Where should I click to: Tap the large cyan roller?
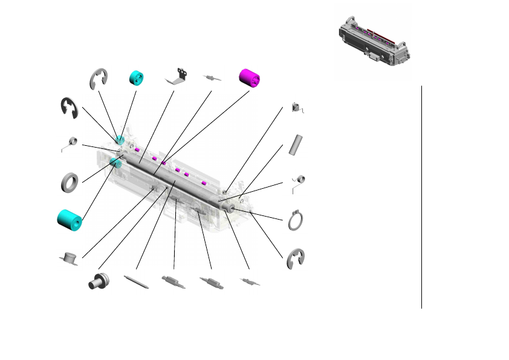69,220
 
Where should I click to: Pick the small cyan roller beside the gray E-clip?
137,78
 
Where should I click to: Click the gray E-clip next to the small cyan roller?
99,79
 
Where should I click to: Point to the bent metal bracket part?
177,76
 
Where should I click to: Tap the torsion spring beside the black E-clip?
71,143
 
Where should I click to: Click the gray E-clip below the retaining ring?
296,258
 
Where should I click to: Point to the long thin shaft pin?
137,283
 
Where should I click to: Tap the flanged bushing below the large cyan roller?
70,258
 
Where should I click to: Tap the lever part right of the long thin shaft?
173,281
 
